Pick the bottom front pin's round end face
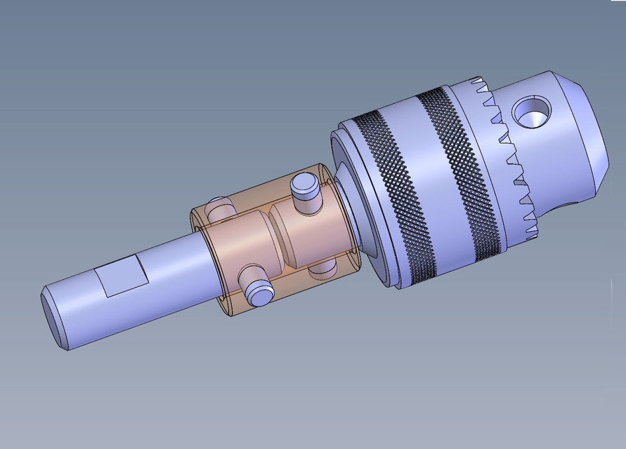point(259,293)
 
